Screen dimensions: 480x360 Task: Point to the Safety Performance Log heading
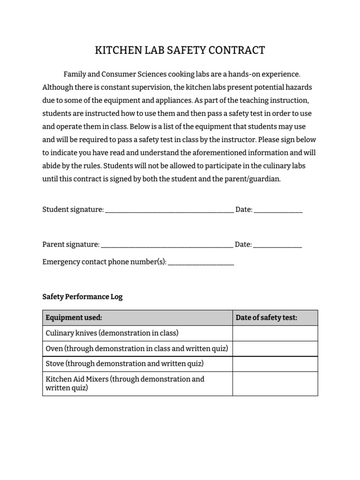tap(82, 297)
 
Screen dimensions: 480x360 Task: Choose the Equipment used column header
tap(74, 318)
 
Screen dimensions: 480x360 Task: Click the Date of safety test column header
tap(266, 318)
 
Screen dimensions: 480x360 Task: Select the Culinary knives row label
tap(112, 333)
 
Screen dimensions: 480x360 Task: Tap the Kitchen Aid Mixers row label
tap(125, 383)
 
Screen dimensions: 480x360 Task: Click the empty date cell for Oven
tap(275, 349)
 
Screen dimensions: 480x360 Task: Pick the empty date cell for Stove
tap(275, 364)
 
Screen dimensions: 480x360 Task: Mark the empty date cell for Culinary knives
tap(275, 333)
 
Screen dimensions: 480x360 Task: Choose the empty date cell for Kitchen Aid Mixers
tap(275, 383)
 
